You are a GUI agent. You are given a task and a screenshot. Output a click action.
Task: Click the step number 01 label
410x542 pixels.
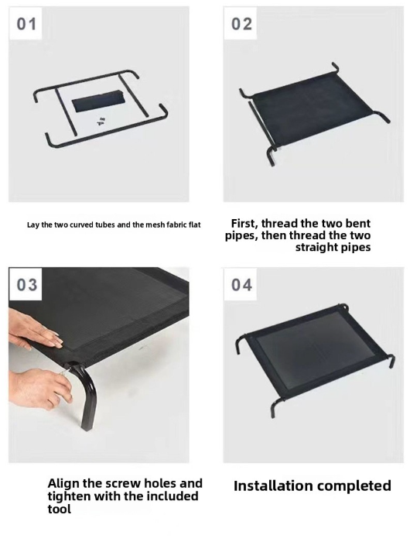click(x=26, y=24)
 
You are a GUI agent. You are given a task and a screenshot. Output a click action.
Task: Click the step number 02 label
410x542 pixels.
click(x=241, y=24)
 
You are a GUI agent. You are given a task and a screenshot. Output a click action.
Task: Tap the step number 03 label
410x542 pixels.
click(x=26, y=285)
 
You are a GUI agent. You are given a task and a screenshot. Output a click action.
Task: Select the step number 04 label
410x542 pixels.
click(x=241, y=285)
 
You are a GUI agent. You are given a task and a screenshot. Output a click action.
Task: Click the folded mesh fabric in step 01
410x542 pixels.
click(x=97, y=100)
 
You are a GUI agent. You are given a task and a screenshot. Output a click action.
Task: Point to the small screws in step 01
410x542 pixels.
click(x=101, y=121)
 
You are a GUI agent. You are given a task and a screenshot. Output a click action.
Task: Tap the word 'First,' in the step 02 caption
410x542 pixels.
click(x=244, y=224)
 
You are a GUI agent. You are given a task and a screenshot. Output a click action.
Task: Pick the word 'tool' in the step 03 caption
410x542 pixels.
click(x=59, y=509)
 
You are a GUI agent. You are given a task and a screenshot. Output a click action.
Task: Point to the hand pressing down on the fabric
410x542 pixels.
click(x=35, y=332)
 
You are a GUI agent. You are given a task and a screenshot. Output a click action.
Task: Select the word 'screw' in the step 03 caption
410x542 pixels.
click(x=125, y=483)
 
